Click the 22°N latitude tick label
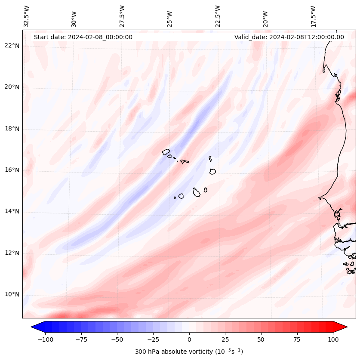point(12,46)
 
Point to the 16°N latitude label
point(12,170)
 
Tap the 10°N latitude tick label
point(12,295)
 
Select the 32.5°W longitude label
point(27,16)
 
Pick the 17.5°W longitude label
point(313,16)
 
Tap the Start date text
point(83,37)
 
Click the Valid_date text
point(289,37)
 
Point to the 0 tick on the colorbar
point(189,339)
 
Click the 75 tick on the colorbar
point(297,339)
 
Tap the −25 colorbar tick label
point(153,339)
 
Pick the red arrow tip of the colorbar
point(345,327)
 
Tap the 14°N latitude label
point(12,211)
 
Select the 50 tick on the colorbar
point(261,339)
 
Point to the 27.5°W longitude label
point(122,16)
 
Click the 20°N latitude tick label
point(12,87)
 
